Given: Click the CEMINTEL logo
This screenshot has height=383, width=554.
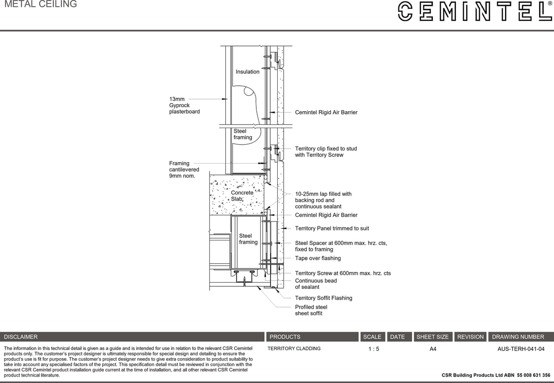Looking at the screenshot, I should pos(475,11).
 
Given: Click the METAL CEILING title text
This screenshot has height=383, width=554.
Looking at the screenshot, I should pos(40,4).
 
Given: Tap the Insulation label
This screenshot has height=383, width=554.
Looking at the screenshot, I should pos(247,72).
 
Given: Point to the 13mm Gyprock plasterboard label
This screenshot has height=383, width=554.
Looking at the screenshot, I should pos(184,105).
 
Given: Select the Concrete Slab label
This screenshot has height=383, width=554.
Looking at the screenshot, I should pos(242,196).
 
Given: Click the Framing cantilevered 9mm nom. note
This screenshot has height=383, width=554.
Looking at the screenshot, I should pos(184,170).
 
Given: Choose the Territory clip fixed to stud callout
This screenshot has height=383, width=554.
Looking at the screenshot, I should pos(326,152).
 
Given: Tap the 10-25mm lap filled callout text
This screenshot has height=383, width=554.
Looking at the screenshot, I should pos(323,200).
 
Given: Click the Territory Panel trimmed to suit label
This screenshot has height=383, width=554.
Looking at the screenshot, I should pos(332,228).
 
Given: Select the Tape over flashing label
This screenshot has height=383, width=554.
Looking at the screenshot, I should pos(318,258).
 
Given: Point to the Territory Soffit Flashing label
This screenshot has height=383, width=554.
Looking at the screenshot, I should pos(323,298).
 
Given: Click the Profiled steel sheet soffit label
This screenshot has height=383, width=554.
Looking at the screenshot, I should pos(311,310).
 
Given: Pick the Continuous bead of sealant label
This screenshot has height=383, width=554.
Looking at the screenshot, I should pos(316,284).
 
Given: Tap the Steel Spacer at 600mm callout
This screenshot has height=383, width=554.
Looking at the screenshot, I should pos(341,246).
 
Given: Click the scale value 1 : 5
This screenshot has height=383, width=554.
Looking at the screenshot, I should pos(373,349).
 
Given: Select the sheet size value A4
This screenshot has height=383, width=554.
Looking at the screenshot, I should pos(433,349).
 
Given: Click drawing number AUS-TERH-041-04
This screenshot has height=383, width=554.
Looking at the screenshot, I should pos(521,349).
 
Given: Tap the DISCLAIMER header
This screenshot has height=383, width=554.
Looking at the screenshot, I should pos(21,337).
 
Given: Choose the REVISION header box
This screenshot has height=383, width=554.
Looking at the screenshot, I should pos(470,337).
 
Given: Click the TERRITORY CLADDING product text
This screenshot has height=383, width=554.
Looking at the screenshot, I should pos(294,349).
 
